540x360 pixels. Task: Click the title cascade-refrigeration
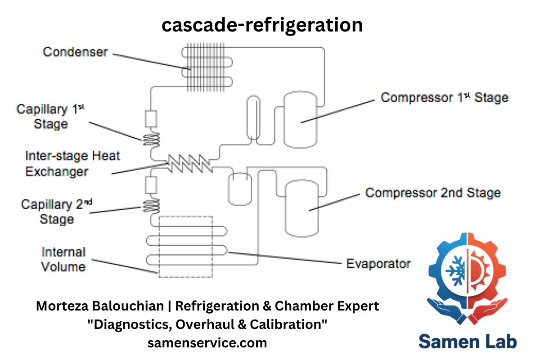pyautogui.click(x=262, y=25)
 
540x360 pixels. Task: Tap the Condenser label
pyautogui.click(x=75, y=52)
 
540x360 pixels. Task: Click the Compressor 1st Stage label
pyautogui.click(x=444, y=98)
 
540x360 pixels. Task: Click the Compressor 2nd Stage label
pyautogui.click(x=432, y=193)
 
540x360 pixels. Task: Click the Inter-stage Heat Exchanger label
pyautogui.click(x=72, y=164)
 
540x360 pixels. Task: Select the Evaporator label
pyautogui.click(x=378, y=263)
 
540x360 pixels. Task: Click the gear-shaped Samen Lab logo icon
pyautogui.click(x=468, y=279)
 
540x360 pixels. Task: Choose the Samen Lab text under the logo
pyautogui.click(x=468, y=341)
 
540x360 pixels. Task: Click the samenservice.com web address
pyautogui.click(x=207, y=343)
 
